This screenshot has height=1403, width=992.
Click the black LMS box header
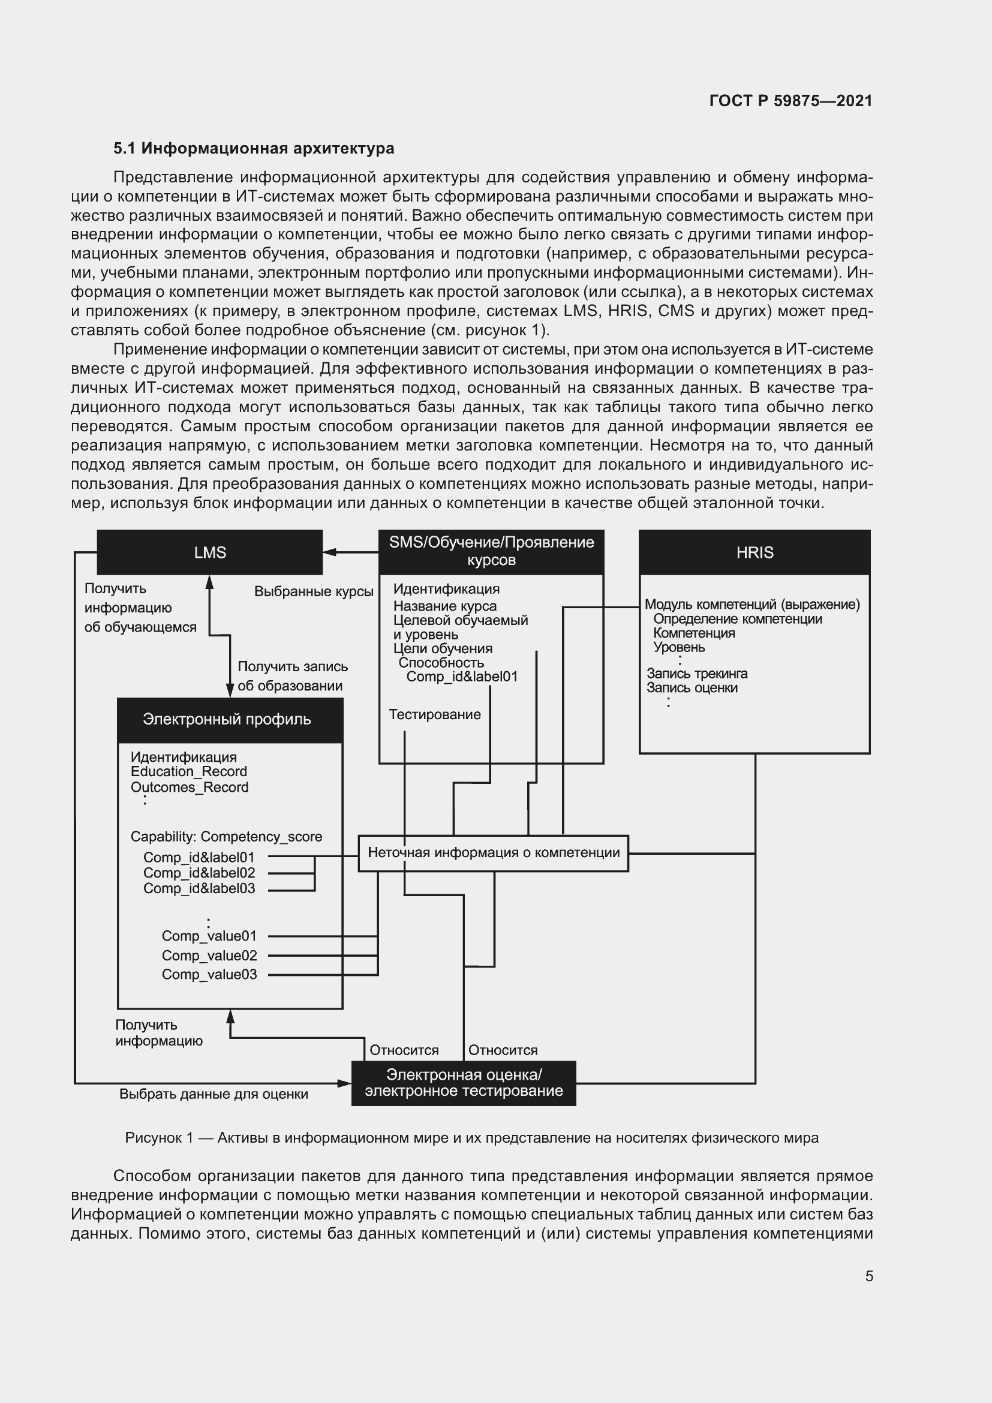coord(209,552)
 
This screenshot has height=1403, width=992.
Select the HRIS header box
coord(754,552)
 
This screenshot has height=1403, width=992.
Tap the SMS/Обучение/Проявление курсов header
coord(491,551)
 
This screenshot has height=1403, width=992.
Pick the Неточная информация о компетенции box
coord(493,852)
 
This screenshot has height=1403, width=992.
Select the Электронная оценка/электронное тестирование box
coord(464,1083)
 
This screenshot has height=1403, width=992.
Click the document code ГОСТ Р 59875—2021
coord(790,101)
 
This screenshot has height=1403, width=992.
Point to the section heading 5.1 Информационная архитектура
coord(254,149)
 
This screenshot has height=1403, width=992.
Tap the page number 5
coord(868,1276)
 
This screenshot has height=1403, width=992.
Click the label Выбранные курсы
coord(313,591)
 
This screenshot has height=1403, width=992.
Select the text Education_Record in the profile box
coord(189,772)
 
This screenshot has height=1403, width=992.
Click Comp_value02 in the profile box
coord(209,955)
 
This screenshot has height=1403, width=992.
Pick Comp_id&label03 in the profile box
coord(199,888)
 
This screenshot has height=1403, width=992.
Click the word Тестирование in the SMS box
coord(434,714)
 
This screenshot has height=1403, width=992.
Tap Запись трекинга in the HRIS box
coord(697,674)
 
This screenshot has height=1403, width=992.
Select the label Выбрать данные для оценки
coord(213,1094)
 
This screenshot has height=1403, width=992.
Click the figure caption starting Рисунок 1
coord(471,1138)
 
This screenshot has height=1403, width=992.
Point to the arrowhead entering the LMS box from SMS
coord(329,552)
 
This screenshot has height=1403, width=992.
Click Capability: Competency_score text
coord(226,837)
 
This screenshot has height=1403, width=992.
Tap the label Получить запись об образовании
coord(292,676)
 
